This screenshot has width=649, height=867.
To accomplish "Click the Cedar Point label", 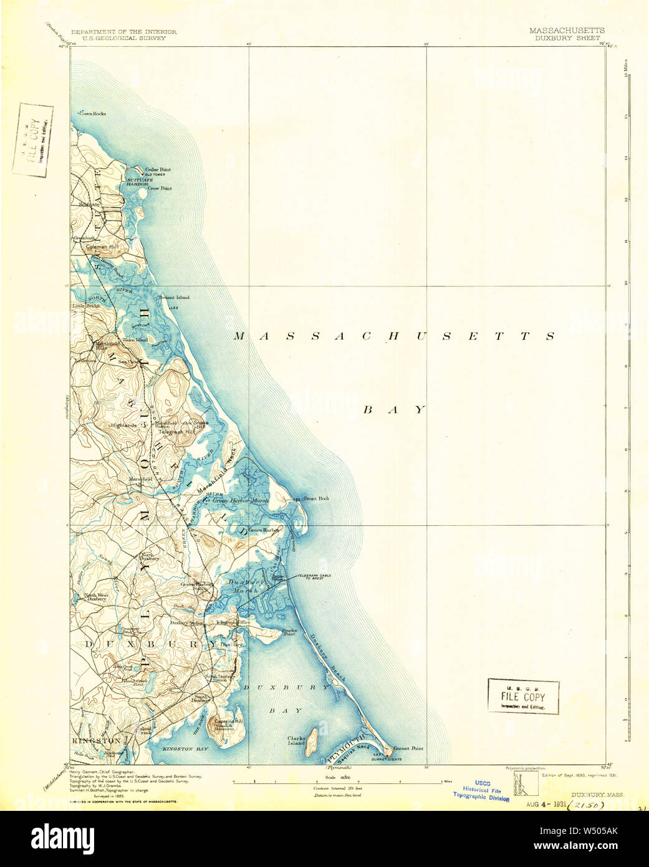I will pos(157,170).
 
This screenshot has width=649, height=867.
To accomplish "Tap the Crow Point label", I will pos(158,188).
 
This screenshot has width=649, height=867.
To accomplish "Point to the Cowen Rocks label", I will pos(92,114).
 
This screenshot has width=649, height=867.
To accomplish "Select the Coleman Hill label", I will pos(102,247).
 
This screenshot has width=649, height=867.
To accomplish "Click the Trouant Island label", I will pos(173,298).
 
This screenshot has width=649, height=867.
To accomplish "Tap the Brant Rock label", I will pos(315,499).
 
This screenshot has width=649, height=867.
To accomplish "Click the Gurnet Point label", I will pos(408,748).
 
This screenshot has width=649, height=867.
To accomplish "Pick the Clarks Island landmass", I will pos(312,740).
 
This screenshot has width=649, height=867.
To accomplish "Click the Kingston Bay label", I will pos(185,748).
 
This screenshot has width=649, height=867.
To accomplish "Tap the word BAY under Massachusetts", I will pos(394,410).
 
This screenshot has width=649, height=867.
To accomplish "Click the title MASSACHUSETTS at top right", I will pos(566,31).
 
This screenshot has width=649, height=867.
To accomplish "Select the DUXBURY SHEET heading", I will pos(567,38).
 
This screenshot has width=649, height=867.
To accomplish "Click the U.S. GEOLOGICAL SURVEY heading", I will pos(119,38).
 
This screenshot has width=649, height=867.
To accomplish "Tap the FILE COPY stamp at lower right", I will pos(523,697).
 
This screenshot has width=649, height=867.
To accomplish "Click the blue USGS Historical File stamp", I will pos(481,790).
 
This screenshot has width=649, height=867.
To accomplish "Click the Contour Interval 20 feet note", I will pos(337,788).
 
